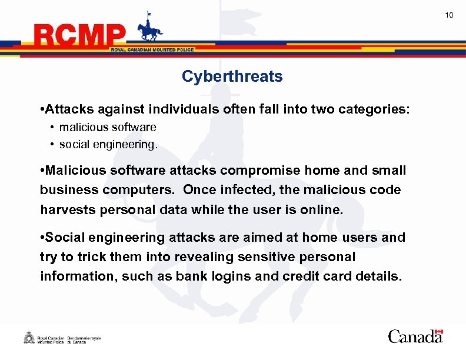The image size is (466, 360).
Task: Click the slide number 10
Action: pos(449,15)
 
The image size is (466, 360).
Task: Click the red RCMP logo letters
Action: pos(80,36)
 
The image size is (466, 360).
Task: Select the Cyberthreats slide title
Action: pos(232,76)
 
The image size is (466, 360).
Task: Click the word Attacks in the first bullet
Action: pos(66,109)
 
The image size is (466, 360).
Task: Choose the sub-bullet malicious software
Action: pos(108,127)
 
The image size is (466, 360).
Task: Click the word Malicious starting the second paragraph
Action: pos(73,171)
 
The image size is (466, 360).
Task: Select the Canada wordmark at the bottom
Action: pos(415,336)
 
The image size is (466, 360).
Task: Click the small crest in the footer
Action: pos(28,338)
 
